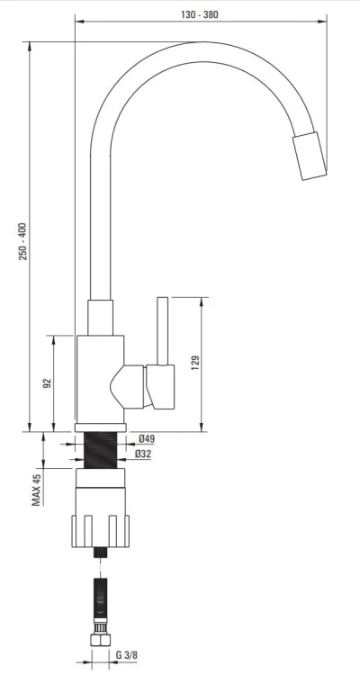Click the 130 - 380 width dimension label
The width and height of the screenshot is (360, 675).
(x=200, y=14)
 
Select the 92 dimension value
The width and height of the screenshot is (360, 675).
(x=47, y=383)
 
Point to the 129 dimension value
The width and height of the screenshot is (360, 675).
(x=195, y=364)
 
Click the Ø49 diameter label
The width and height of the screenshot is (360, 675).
(x=147, y=439)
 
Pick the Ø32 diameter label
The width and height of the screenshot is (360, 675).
(x=143, y=454)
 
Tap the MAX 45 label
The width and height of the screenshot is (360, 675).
(x=37, y=490)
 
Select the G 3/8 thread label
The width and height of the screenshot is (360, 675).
(x=127, y=655)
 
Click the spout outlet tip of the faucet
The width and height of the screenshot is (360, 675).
(x=310, y=156)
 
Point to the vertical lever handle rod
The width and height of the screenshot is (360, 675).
(x=162, y=331)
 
